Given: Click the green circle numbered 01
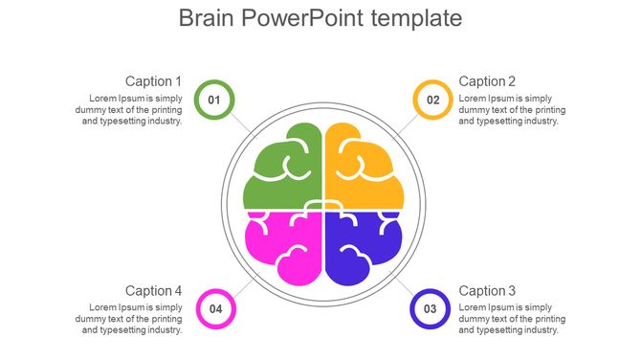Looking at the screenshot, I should point(213,100).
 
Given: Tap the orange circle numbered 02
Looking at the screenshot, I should point(432,100).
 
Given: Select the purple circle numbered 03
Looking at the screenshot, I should point(430,308).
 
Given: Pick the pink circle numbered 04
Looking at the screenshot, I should point(215,308).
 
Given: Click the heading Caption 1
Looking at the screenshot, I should point(153,81).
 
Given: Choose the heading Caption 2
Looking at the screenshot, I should point(487,81).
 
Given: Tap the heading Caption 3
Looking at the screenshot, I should point(487,290).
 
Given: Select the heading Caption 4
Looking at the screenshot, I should point(153,290).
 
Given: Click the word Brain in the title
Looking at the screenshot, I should point(206,18).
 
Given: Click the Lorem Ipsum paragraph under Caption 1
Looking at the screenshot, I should point(129,109).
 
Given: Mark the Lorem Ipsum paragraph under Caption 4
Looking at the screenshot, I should point(129,318).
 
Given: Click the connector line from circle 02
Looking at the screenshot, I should point(405,125).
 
